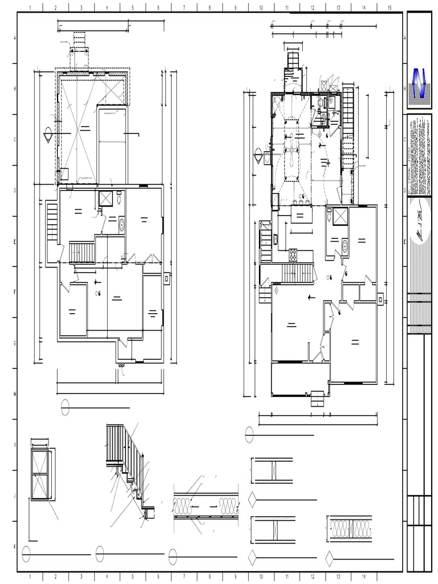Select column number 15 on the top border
390,7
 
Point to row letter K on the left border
14,546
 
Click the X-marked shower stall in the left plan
106,198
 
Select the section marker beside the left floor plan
48,135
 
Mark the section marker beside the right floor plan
259,155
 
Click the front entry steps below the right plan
318,398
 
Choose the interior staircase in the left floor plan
82,252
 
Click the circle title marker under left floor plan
66,407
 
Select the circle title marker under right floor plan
249,435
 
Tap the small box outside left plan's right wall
167,278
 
